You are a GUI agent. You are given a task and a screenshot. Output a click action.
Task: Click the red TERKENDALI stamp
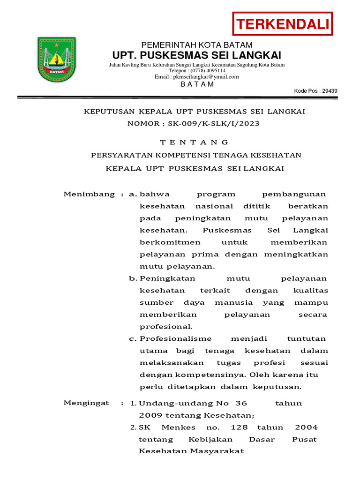(x=283, y=24)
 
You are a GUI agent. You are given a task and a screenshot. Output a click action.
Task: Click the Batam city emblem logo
(x=56, y=60)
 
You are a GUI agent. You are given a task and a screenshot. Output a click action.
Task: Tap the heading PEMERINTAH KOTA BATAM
(x=197, y=45)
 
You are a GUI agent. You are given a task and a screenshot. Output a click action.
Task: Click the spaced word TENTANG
(x=194, y=142)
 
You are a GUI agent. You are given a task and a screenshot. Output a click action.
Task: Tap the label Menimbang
(x=89, y=194)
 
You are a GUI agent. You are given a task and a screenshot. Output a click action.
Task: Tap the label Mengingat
(x=86, y=403)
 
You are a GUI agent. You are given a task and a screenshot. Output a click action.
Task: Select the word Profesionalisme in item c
(x=176, y=338)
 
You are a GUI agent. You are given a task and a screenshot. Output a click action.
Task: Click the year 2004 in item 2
(x=306, y=427)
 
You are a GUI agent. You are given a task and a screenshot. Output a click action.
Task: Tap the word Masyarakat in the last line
(x=217, y=451)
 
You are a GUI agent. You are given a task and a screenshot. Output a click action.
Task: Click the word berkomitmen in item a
(x=170, y=242)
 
